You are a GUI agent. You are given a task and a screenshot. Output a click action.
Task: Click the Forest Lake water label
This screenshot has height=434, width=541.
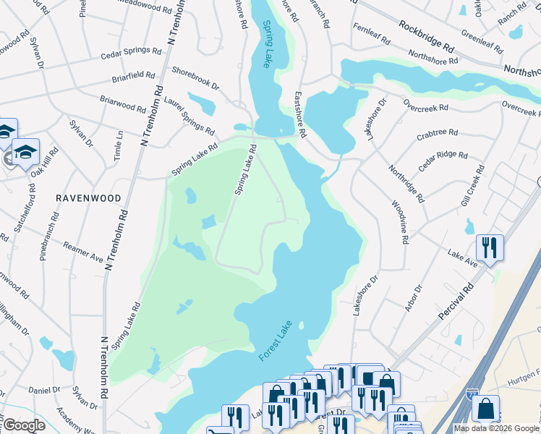pos(275,342)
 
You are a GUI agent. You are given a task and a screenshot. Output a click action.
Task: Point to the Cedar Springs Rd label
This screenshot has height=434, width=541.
pos(132,51)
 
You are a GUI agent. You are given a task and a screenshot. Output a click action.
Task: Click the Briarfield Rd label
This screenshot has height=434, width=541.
pos(133,75)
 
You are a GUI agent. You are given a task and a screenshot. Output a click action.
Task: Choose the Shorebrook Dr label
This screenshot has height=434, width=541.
pos(195,78)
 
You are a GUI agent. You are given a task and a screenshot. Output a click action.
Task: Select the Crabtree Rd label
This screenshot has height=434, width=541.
pos(437,134)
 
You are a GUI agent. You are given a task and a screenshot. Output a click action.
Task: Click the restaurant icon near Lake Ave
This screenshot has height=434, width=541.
pos(490,247)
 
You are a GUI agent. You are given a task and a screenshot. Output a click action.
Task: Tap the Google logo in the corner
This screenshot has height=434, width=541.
pos(24,425)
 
